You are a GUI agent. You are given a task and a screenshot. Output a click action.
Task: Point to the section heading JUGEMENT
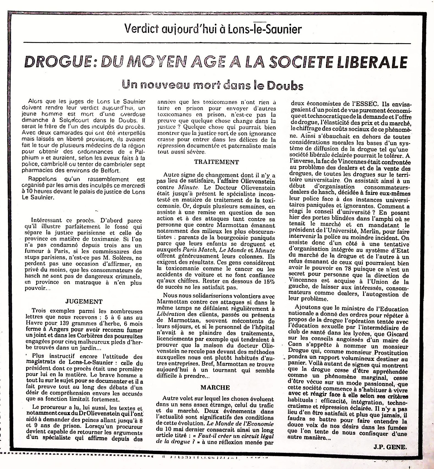point(84,302)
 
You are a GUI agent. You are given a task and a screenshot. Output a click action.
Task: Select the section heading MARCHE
point(215,388)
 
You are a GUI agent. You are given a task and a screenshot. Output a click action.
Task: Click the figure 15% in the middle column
point(268,281)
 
